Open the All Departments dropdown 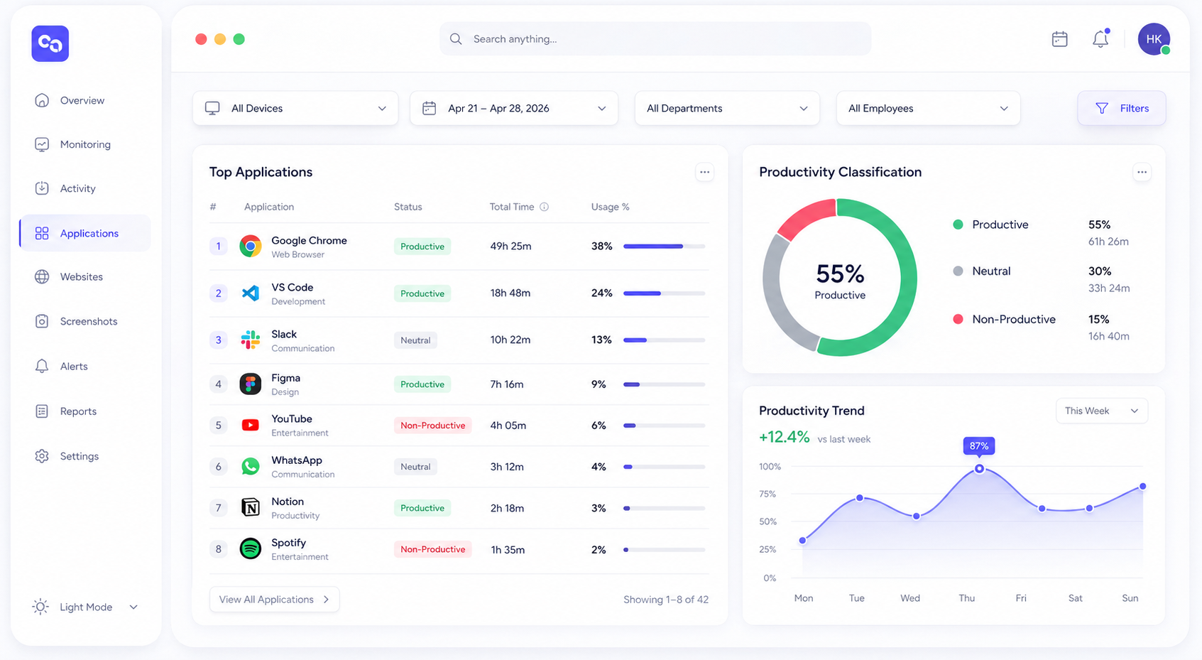coord(726,108)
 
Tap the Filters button coord(1122,108)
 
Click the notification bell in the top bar coord(1100,38)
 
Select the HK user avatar coord(1154,38)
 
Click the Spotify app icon coord(250,549)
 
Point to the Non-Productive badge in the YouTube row coord(432,426)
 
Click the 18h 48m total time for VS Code coord(510,293)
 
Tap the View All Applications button coord(274,600)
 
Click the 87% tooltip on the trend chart coord(979,445)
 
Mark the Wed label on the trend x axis coord(910,597)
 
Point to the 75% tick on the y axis coord(767,494)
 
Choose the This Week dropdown coord(1102,411)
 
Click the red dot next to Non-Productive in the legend coord(958,319)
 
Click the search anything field coord(655,38)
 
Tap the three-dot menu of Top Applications coord(704,173)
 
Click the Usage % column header coord(610,207)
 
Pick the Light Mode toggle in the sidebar coord(85,607)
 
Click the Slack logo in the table coord(250,340)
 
